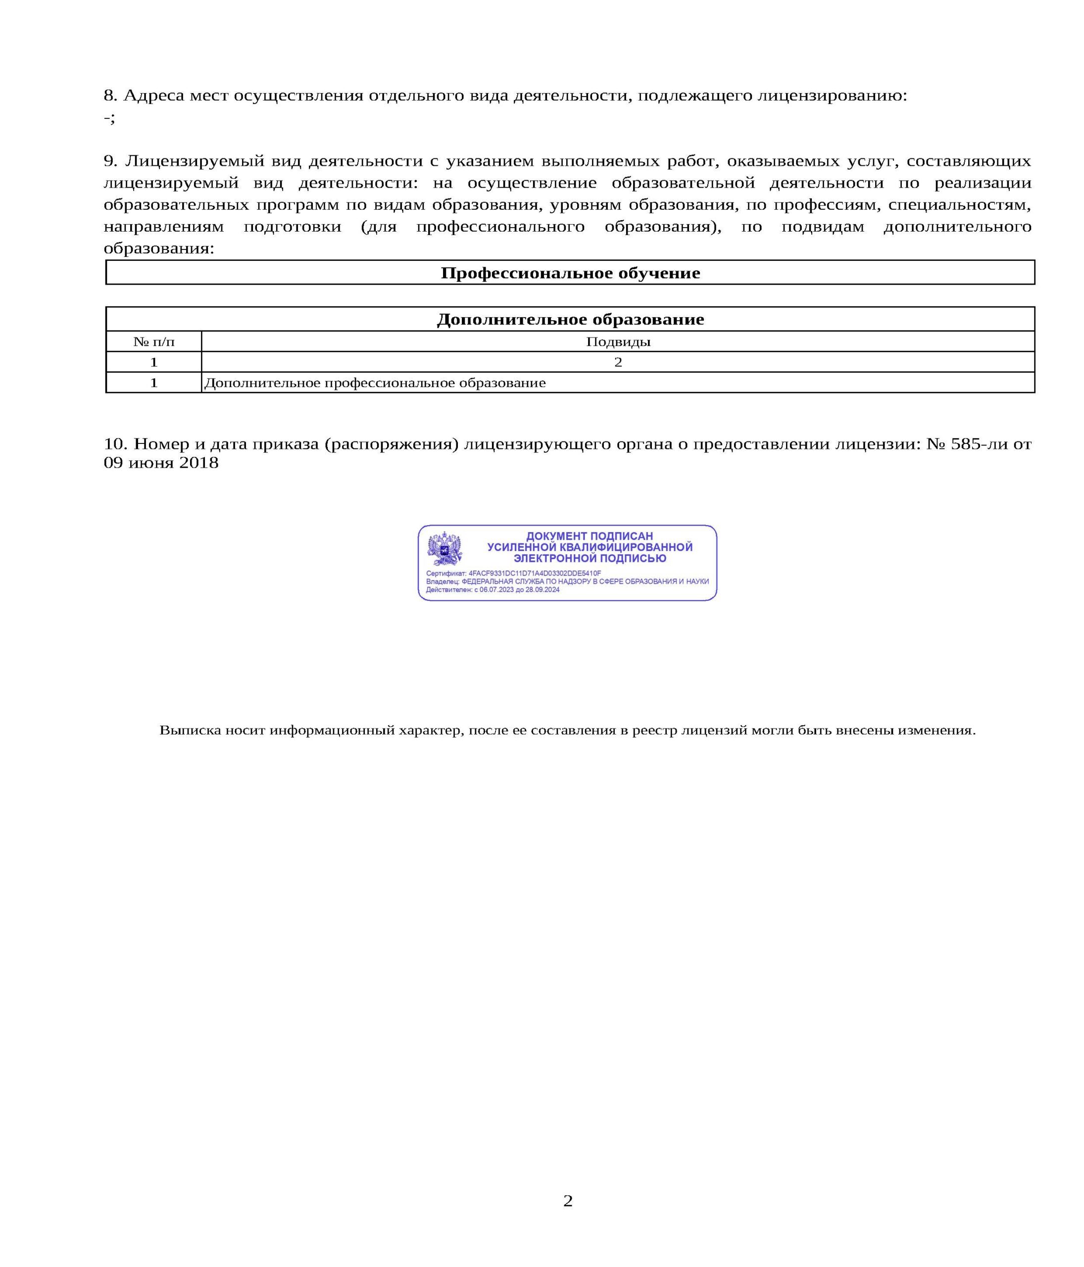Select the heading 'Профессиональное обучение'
[570, 273]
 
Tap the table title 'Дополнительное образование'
[570, 319]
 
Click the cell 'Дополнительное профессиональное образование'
[375, 383]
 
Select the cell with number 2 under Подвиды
[618, 362]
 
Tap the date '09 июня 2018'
[161, 462]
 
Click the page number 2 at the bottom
[567, 1200]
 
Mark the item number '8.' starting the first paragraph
[110, 96]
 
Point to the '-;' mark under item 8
[109, 117]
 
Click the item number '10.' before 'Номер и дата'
[115, 443]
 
